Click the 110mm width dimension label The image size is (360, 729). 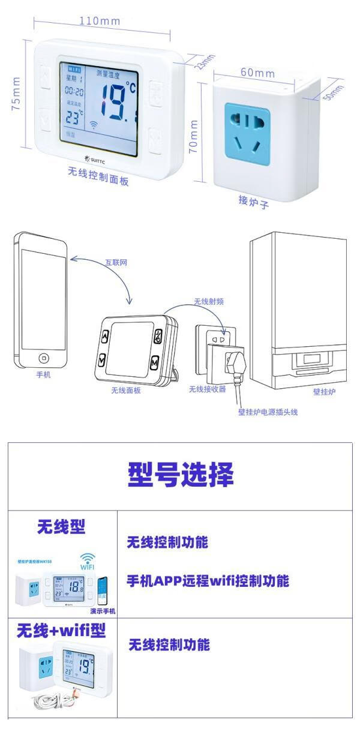pos(100,21)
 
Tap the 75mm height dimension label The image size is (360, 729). pos(16,93)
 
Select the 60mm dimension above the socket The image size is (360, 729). pos(257,73)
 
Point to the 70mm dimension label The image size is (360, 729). pos(194,136)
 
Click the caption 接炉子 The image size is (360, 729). pos(253,202)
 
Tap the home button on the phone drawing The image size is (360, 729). pos(43,358)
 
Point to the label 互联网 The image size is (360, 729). pos(117,263)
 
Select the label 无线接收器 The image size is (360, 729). pos(207,389)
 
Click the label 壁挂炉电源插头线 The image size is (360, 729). pos(268,412)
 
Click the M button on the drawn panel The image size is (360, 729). pos(154,363)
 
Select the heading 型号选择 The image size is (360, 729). pos(180,475)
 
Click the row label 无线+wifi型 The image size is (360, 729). pos(61,631)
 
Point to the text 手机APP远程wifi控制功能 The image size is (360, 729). pos(208,581)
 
